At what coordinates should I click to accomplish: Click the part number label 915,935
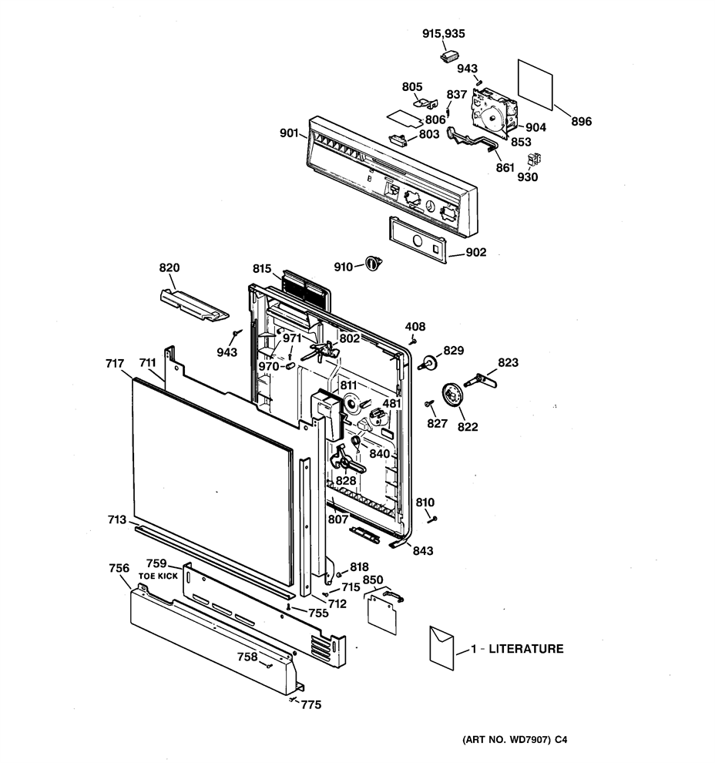coord(443,34)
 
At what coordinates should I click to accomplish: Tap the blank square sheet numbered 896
coord(535,85)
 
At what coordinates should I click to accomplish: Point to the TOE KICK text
coord(158,576)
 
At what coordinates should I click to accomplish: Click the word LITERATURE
coord(525,649)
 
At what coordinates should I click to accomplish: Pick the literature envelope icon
coord(441,648)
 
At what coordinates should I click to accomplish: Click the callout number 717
coord(115,364)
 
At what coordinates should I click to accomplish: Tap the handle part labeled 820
coord(194,305)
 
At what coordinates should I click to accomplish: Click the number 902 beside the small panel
coord(475,252)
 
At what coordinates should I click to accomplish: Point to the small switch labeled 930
coord(534,159)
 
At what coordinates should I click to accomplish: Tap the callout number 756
coord(119,568)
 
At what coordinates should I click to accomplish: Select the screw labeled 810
coord(432,519)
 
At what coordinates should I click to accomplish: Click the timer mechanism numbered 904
coord(494,113)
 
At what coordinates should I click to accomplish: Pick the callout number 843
coord(423,550)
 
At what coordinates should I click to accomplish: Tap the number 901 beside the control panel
coord(289,133)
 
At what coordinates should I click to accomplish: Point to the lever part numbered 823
coord(481,381)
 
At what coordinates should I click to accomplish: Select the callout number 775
coord(311,704)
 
